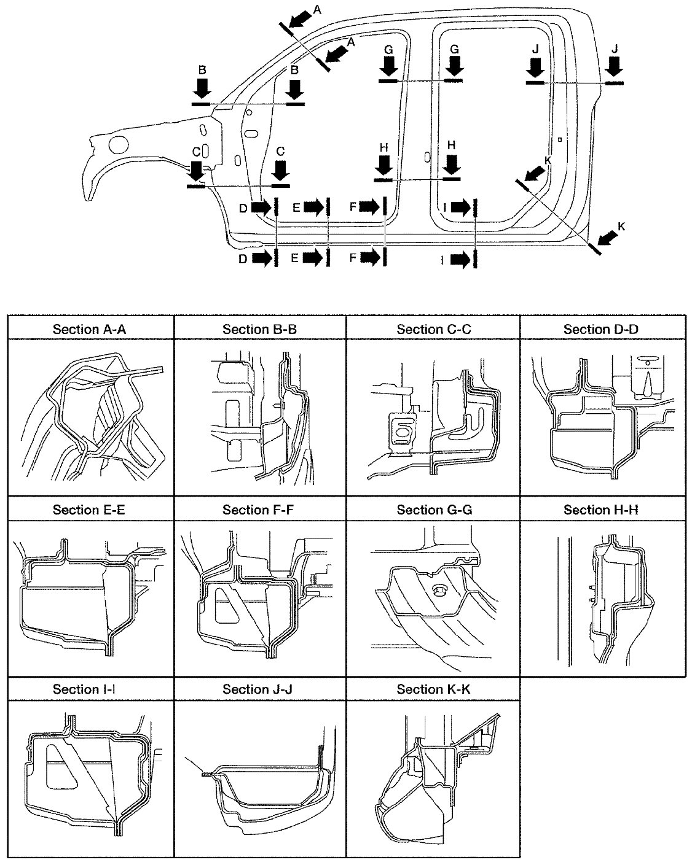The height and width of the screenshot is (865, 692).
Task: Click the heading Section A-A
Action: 89,330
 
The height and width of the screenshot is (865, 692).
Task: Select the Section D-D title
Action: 600,330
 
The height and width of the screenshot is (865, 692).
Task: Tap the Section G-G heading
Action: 434,510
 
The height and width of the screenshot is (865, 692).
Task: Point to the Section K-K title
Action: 433,689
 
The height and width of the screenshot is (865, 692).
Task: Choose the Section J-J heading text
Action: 258,689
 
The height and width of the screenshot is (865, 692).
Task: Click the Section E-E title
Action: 89,510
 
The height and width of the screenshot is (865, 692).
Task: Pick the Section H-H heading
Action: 600,510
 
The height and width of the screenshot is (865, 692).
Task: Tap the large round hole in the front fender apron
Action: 119,144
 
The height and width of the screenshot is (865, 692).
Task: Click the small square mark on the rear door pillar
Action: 560,139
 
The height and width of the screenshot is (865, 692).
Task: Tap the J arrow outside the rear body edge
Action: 615,66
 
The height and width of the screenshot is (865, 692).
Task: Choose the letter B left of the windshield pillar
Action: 202,70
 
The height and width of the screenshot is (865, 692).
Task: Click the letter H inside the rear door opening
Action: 452,145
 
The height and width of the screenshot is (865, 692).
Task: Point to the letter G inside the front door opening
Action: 388,50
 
